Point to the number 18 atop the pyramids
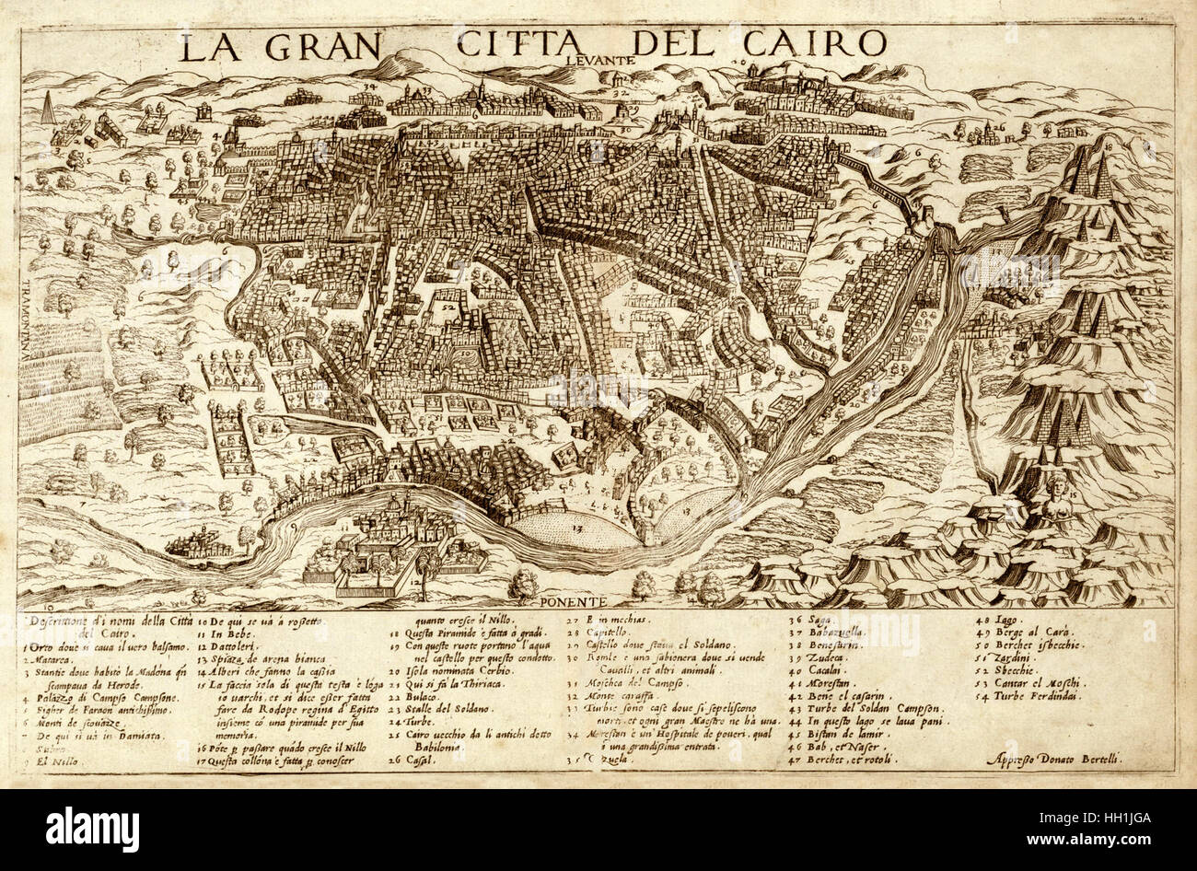(x=1109, y=145)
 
